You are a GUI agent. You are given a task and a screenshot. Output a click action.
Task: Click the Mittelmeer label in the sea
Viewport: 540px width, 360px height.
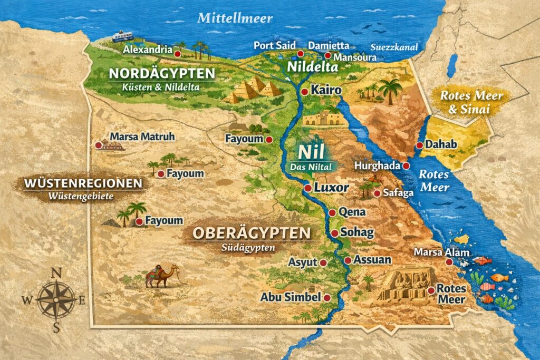[235, 18]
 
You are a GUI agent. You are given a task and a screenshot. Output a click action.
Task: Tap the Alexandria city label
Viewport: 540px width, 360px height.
[148, 50]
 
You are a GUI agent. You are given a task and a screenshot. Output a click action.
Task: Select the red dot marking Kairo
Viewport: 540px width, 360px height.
[304, 92]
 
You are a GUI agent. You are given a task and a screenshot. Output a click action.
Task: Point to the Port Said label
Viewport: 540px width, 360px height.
[275, 45]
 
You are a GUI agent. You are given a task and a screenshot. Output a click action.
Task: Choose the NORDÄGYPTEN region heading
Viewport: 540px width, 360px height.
[162, 73]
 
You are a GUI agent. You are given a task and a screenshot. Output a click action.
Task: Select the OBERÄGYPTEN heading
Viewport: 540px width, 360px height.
[251, 232]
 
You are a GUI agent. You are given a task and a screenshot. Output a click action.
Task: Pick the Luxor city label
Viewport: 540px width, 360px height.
[331, 187]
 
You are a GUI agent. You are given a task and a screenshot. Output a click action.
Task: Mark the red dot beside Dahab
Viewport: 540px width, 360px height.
[419, 145]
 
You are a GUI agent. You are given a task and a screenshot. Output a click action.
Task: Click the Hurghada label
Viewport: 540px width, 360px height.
[377, 166]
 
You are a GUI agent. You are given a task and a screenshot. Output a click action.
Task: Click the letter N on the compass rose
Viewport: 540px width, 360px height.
[56, 273]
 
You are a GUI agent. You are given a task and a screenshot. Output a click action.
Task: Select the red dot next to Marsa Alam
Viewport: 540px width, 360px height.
[449, 261]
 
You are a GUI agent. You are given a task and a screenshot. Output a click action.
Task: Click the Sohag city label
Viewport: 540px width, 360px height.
[357, 232]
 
